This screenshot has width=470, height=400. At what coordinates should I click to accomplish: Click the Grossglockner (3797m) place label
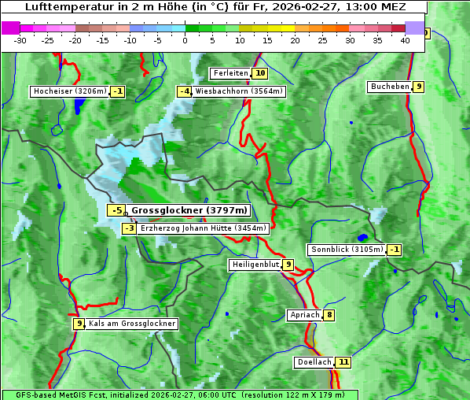tap(189, 210)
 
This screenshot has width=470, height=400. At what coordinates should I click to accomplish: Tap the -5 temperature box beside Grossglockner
tap(116, 210)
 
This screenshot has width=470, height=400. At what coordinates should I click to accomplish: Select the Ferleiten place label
tap(230, 73)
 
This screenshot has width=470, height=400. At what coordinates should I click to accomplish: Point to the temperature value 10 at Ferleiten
tap(260, 73)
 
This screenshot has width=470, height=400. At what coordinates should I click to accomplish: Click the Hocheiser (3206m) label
tap(69, 91)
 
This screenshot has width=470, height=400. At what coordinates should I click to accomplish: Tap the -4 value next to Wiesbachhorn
tap(185, 91)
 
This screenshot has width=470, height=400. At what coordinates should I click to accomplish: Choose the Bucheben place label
tap(390, 87)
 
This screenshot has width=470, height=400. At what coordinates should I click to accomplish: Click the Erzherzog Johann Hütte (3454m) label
tap(204, 228)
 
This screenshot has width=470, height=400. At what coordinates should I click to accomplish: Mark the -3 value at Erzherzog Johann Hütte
tap(130, 228)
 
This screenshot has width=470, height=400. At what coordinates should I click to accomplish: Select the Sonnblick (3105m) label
tap(347, 250)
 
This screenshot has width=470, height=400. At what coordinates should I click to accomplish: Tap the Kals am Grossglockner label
tap(132, 324)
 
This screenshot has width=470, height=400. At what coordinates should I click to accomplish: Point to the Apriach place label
tap(304, 315)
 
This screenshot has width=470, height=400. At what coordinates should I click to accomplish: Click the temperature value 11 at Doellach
tap(343, 362)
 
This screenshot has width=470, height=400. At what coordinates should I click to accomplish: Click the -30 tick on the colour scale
tap(21, 40)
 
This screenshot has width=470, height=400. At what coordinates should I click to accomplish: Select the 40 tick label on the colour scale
tap(405, 40)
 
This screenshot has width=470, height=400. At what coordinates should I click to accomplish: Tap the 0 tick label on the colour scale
tap(185, 40)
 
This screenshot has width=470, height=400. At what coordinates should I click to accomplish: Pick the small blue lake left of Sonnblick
tap(362, 237)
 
